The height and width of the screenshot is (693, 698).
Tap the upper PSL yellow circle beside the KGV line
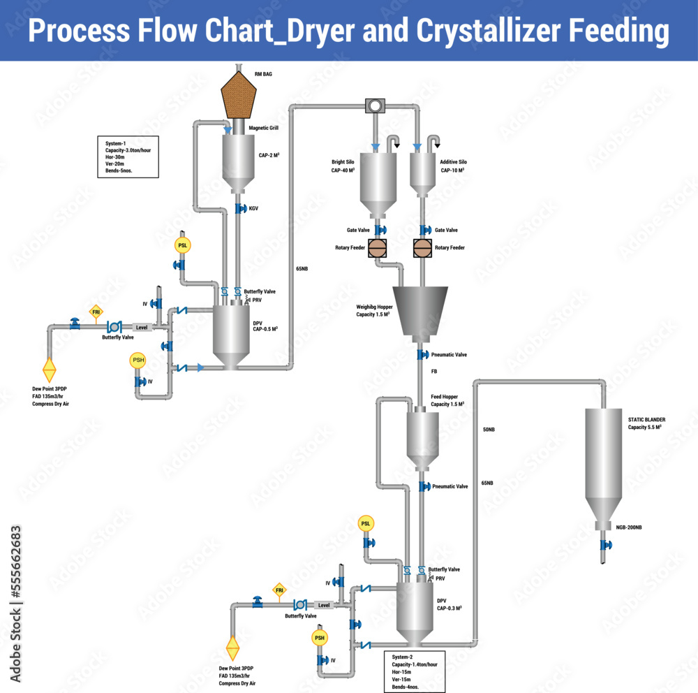tap(183, 245)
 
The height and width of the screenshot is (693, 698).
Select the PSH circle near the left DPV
tap(138, 360)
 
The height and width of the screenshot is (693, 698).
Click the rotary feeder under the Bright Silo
tap(378, 247)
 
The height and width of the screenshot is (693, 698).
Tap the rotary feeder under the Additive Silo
tap(423, 247)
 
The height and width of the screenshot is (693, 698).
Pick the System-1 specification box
tap(127, 157)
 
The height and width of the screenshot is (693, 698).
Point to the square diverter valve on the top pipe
tap(375, 105)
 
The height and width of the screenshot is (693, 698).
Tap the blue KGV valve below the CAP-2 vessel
tap(239, 208)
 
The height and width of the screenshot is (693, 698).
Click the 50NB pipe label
tap(488, 429)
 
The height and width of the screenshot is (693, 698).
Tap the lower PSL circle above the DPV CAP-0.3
tap(366, 524)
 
